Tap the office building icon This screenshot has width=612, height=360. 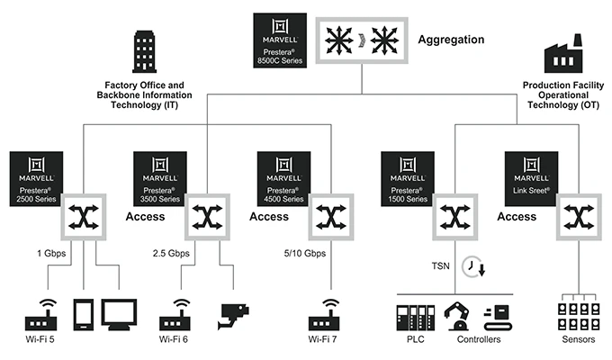(x=144, y=50)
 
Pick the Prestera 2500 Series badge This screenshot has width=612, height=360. (x=37, y=178)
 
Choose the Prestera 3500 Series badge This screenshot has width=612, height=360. (x=160, y=178)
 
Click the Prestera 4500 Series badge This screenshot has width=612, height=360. (x=283, y=178)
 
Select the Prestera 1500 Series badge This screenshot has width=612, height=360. (x=408, y=178)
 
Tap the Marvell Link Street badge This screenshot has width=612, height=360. (x=532, y=178)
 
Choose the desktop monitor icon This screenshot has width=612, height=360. (x=119, y=314)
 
